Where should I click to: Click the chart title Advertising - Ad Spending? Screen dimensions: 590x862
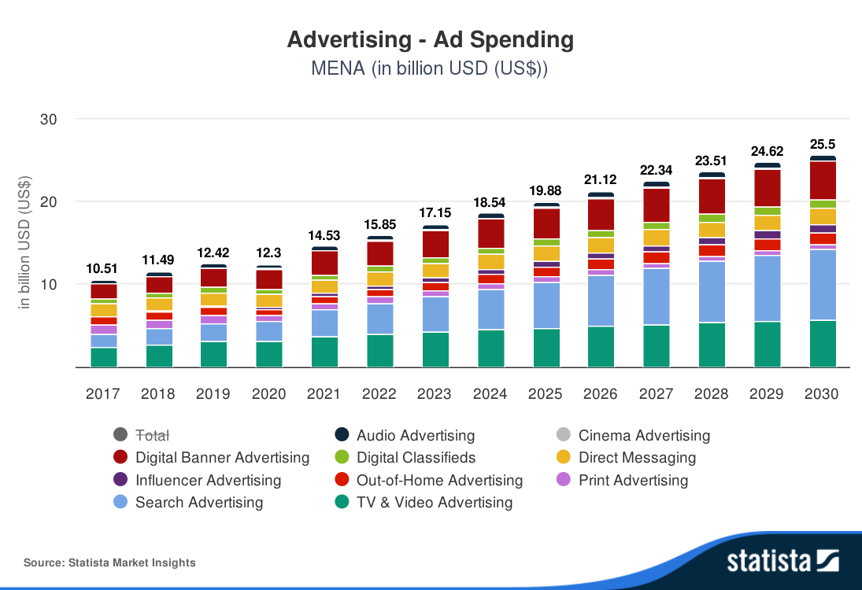click(x=430, y=39)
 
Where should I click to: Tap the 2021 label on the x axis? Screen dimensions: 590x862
click(x=324, y=393)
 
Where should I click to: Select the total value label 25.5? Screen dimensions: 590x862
click(x=823, y=144)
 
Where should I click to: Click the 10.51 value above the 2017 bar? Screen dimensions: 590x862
click(x=102, y=268)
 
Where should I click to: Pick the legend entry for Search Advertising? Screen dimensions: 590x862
click(x=199, y=502)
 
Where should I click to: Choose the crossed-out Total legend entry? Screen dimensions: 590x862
click(x=153, y=435)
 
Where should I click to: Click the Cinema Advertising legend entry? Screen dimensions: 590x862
click(x=643, y=435)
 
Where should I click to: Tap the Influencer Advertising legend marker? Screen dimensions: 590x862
click(x=120, y=480)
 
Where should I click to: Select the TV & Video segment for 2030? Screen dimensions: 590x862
click(x=823, y=343)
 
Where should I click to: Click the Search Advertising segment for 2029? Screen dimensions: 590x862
click(x=768, y=288)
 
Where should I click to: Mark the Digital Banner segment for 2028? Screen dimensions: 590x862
click(x=712, y=196)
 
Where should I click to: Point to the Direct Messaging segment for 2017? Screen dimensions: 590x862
click(x=103, y=310)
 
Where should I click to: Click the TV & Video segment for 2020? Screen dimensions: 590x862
click(x=269, y=354)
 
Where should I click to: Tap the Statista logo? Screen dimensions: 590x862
click(x=782, y=561)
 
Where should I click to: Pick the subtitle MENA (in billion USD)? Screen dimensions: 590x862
click(x=430, y=68)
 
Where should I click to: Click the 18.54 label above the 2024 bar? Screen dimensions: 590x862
click(x=491, y=202)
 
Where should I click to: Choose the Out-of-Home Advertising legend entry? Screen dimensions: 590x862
click(x=439, y=480)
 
